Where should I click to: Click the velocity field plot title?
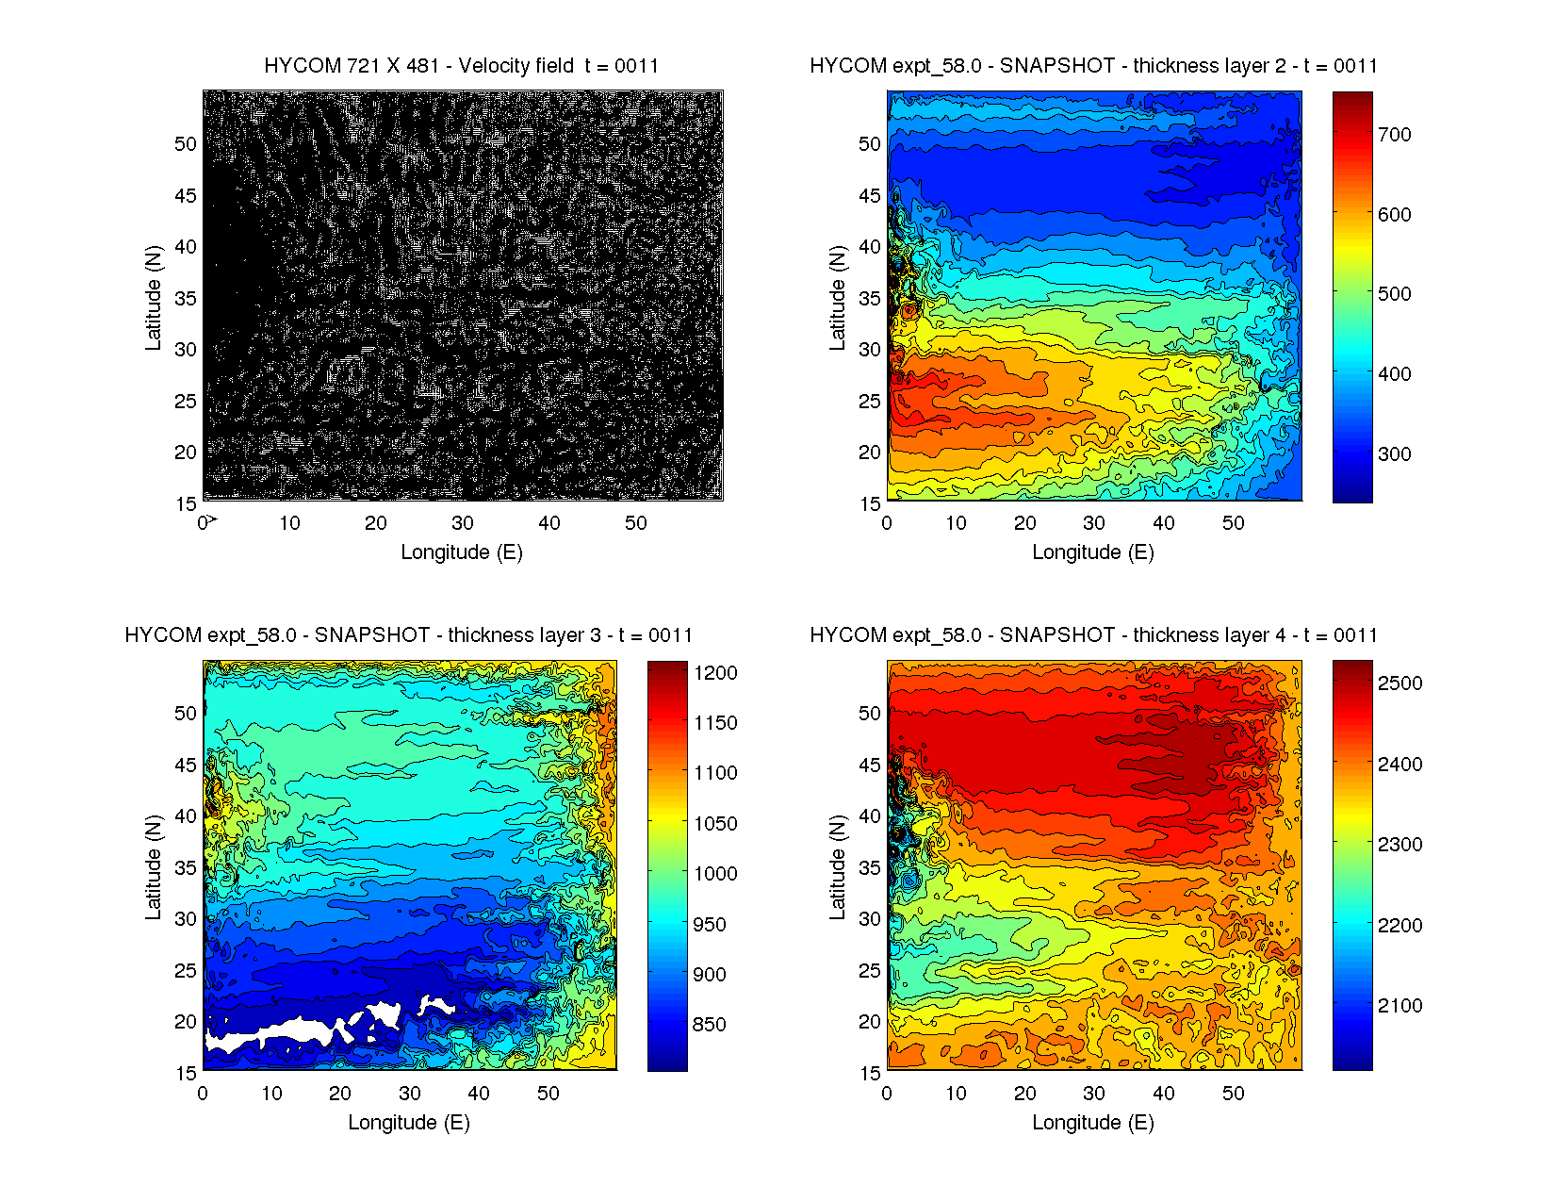point(461,66)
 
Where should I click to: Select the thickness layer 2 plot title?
point(1093,66)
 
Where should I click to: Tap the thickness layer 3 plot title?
point(408,635)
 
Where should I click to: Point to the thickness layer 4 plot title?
point(1093,635)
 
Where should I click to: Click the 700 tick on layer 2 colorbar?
point(1394,135)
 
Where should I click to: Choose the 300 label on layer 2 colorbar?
point(1394,454)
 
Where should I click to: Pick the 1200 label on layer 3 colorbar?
point(715,673)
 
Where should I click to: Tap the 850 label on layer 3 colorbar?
point(709,1025)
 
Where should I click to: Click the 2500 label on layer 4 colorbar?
point(1399,683)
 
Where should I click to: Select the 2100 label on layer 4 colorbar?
point(1399,1006)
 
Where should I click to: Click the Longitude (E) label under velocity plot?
point(461,552)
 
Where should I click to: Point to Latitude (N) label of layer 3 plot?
point(153,867)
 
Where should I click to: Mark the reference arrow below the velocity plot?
point(212,519)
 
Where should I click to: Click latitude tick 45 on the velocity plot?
point(186,196)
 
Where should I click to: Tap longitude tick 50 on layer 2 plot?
point(1233,523)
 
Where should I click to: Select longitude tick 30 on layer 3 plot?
point(409,1094)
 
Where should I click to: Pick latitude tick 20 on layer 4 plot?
point(870,1022)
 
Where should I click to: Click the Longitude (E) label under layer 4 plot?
point(1093,1123)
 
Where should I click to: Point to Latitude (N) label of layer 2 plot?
point(837,298)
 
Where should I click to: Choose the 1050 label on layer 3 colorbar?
point(715,824)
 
